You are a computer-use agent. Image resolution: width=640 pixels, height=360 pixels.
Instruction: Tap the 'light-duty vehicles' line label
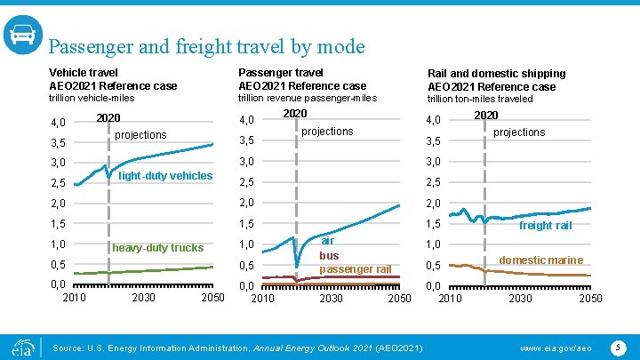tap(165, 176)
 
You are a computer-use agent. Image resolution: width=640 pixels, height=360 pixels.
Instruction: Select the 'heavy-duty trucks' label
tap(157, 248)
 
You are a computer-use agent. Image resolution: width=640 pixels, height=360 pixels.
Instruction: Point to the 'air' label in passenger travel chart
tap(328, 241)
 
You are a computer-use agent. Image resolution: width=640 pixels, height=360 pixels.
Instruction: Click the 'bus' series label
tap(329, 255)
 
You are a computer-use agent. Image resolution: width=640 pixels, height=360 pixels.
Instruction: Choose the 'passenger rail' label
tap(356, 269)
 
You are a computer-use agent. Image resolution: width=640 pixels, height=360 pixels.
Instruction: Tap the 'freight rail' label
tap(545, 226)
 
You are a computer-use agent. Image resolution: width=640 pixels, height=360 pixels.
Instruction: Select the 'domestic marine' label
tap(540, 260)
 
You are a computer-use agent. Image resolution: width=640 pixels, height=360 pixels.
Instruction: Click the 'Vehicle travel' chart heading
tap(84, 72)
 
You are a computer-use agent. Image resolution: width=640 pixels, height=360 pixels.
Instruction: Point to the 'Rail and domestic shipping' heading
tap(496, 73)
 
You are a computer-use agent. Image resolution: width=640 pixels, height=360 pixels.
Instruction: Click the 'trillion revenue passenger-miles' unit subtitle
tap(308, 98)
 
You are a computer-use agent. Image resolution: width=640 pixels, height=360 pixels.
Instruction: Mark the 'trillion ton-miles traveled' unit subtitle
tap(480, 99)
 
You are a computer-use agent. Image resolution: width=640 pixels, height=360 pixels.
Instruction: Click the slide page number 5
tap(617, 345)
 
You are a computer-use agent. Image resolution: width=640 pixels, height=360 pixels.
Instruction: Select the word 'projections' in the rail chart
tap(519, 132)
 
